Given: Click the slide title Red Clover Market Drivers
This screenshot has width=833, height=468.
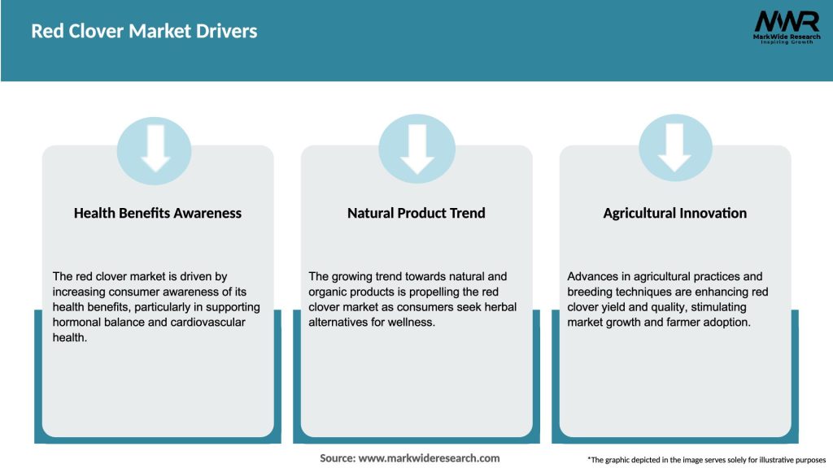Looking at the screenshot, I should point(144,32).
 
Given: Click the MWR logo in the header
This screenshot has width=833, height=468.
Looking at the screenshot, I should point(787,21).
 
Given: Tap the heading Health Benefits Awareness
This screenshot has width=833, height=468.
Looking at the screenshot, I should point(158,213).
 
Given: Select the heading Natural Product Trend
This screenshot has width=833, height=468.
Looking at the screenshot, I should point(416,213).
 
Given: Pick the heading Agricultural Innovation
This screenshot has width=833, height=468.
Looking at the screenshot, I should point(674,213).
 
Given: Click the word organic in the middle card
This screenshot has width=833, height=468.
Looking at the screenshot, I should point(333,292).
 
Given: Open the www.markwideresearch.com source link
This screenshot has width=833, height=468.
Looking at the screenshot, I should point(430,458).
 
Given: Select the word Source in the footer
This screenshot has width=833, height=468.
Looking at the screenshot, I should point(338,458).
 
